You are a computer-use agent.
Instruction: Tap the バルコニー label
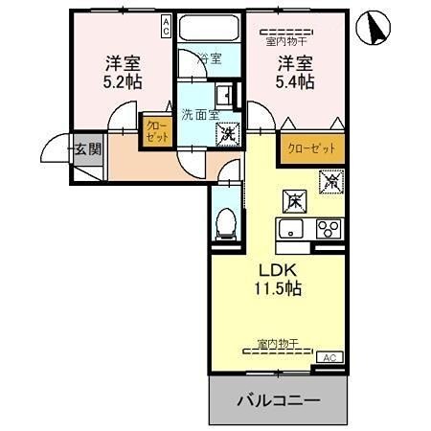coord(277,399)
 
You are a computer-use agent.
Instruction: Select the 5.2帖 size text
coord(123,82)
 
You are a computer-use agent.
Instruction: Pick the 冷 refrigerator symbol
coord(331,178)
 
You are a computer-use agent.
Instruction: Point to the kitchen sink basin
coord(289,228)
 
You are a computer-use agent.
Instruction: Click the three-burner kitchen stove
coord(328,228)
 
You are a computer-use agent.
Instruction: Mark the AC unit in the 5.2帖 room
coord(166,25)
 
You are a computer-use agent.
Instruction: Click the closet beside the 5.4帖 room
coord(311,147)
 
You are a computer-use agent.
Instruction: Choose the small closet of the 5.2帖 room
coord(156,130)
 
